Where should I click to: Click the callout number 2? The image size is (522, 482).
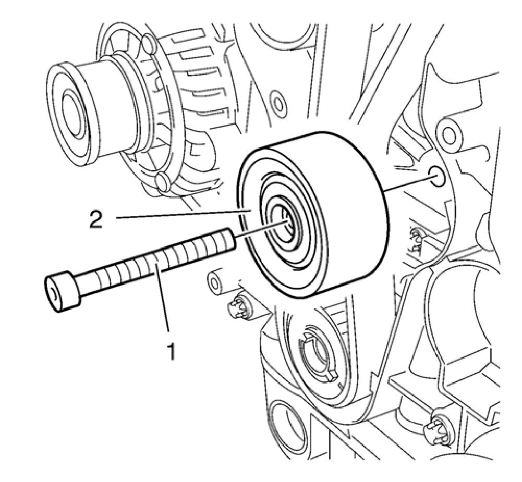(95, 219)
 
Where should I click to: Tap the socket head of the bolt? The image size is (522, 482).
(62, 293)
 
